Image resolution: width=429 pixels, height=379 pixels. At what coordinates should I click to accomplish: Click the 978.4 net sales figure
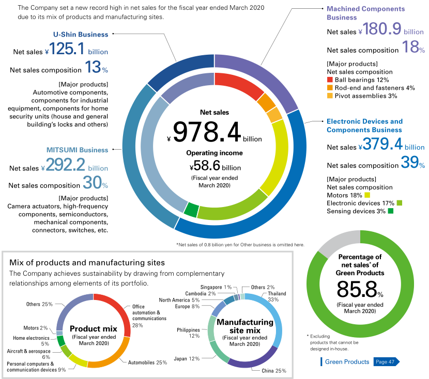pyautogui.click(x=207, y=132)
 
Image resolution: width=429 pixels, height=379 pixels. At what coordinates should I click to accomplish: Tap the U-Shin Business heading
pyautogui.click(x=81, y=34)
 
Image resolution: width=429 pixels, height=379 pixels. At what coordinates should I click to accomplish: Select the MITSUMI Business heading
pyautogui.click(x=77, y=150)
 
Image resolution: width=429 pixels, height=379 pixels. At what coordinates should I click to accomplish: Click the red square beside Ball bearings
pyautogui.click(x=330, y=80)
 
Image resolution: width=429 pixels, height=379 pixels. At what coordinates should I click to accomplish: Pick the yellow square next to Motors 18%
pyautogui.click(x=367, y=195)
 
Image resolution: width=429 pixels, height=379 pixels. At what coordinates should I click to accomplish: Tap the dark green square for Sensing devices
pyautogui.click(x=391, y=211)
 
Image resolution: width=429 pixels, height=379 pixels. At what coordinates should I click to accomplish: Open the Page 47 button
pyautogui.click(x=386, y=362)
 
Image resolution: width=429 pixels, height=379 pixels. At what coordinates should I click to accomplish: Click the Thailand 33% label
pyautogui.click(x=277, y=296)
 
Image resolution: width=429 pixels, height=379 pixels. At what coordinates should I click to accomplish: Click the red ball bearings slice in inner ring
pyautogui.click(x=239, y=85)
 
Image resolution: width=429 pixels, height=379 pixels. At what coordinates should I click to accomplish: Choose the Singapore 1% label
pyautogui.click(x=216, y=287)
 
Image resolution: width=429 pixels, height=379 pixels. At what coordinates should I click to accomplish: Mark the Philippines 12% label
pyautogui.click(x=188, y=333)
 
